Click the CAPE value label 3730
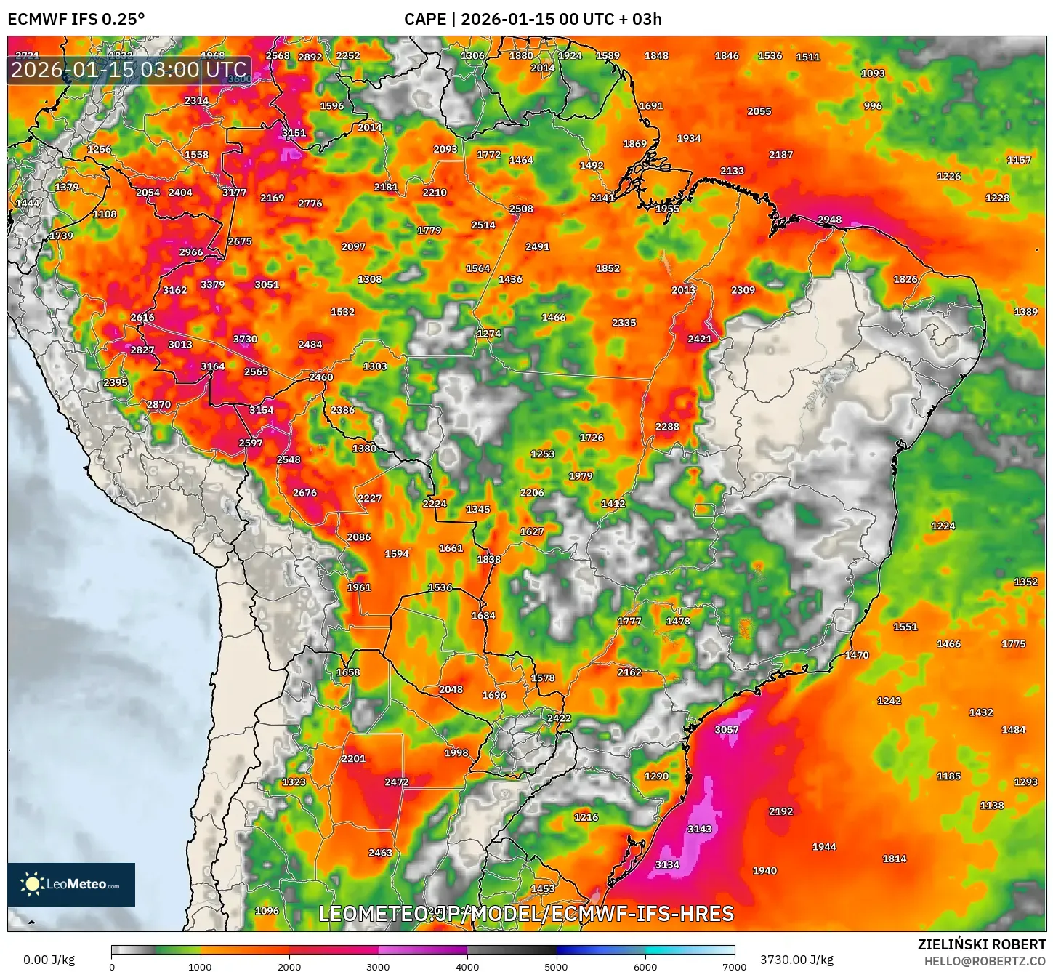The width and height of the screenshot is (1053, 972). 245,339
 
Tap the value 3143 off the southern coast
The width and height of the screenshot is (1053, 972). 699,829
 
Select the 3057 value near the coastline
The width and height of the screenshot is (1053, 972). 726,730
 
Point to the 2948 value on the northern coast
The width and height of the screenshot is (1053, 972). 829,220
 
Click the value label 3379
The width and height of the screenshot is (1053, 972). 212,284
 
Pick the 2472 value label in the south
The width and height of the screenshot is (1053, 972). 397,782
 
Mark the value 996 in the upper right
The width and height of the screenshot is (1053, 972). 873,105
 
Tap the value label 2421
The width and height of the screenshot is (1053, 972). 699,339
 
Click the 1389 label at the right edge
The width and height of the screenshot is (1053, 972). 1025,312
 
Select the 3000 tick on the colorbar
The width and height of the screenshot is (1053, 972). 378,966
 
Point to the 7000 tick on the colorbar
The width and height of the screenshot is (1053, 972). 734,966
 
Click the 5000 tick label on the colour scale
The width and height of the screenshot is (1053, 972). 556,966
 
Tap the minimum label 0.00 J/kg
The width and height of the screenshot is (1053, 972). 49,960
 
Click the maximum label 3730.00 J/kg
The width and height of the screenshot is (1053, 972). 796,960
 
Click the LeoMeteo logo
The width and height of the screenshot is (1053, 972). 71,884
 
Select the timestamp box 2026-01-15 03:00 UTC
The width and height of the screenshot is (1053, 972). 129,71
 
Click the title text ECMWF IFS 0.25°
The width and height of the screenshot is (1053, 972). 76,19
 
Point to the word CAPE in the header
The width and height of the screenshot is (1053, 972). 424,19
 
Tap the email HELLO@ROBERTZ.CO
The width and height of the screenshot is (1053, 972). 985,961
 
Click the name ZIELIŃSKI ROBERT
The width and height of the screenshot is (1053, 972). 981,944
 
